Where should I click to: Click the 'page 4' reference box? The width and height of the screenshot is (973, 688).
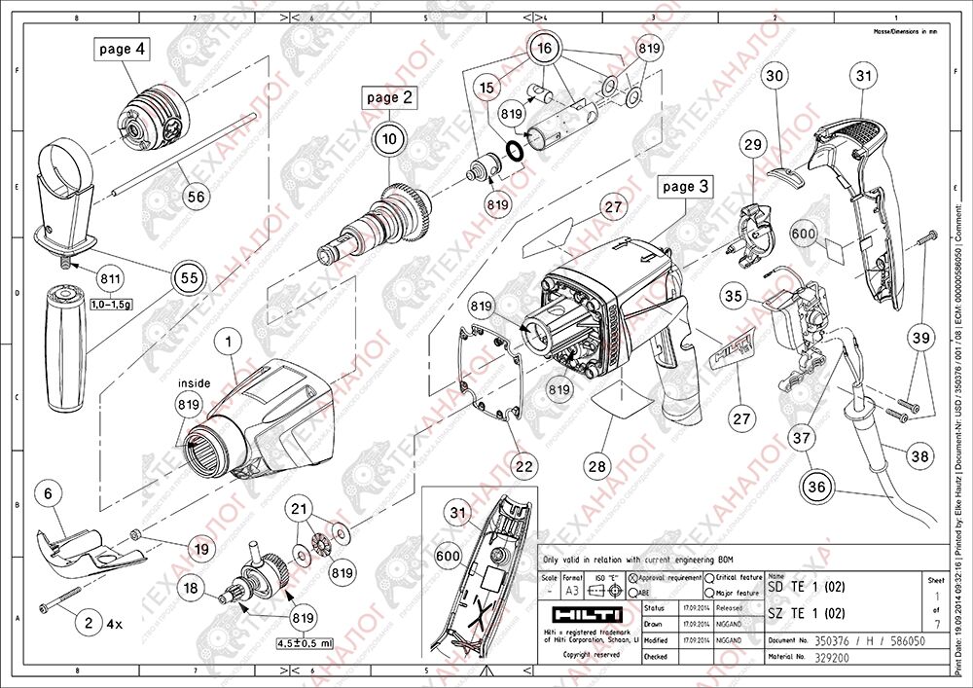[x=123, y=49]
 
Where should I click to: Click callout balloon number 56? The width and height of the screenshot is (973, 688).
[x=197, y=196]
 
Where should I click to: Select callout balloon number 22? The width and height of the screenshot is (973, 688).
[x=524, y=467]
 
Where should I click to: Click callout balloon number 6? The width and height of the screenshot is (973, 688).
[x=46, y=493]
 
